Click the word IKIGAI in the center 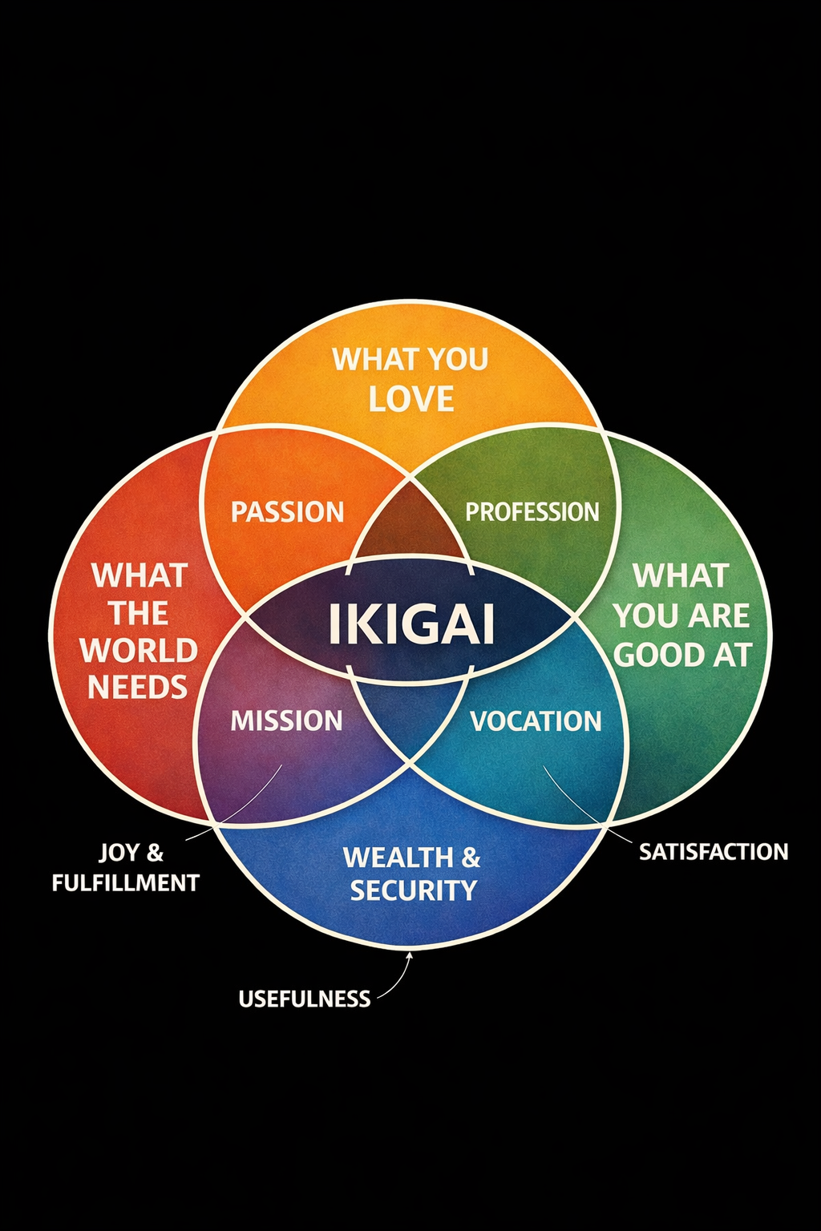[x=411, y=624]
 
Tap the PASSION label [x=287, y=511]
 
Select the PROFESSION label [x=532, y=511]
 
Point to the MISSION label [x=286, y=720]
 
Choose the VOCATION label [x=536, y=720]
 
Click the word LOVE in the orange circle [x=411, y=399]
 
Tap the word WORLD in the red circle [x=139, y=650]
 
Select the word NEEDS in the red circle [x=137, y=687]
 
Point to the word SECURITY [x=414, y=890]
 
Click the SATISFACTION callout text [x=714, y=851]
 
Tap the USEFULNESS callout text [x=305, y=999]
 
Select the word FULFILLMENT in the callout [x=126, y=883]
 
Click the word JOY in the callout [x=119, y=852]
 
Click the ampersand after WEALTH [x=471, y=858]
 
